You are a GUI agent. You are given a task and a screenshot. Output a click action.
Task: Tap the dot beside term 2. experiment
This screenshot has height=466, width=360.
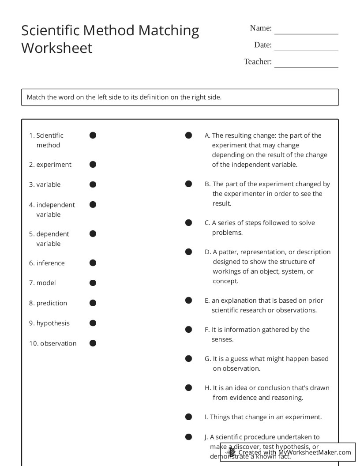[x=93, y=164]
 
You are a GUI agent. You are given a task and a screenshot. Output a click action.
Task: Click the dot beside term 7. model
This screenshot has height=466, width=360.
[x=93, y=282]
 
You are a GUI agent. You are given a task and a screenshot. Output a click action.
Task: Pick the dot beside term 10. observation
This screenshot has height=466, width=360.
[x=93, y=343]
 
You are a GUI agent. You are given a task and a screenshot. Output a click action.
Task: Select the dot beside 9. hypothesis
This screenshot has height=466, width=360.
[x=93, y=323]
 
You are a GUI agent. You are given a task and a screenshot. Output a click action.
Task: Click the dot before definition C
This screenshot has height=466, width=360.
[x=188, y=223]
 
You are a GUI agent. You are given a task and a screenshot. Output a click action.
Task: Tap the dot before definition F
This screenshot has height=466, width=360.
[x=188, y=329]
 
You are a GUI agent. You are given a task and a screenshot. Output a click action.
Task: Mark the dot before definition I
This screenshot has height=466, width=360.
[x=188, y=417]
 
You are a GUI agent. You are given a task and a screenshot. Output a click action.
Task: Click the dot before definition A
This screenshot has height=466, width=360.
[x=188, y=135]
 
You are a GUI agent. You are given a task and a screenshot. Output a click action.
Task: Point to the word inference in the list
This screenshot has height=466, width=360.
[x=50, y=263]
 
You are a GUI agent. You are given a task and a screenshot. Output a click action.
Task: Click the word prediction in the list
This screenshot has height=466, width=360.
[x=52, y=303]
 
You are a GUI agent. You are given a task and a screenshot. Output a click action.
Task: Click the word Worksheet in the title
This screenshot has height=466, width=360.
[x=57, y=48]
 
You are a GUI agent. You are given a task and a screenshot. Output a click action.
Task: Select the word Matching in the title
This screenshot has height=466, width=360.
[x=169, y=30]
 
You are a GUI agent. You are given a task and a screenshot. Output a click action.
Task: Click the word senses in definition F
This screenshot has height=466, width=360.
[x=222, y=339]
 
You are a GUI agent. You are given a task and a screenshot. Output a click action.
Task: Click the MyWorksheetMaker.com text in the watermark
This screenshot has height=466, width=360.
[x=315, y=452]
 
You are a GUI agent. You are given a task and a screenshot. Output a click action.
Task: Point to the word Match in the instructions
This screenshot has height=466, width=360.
[x=36, y=97]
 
